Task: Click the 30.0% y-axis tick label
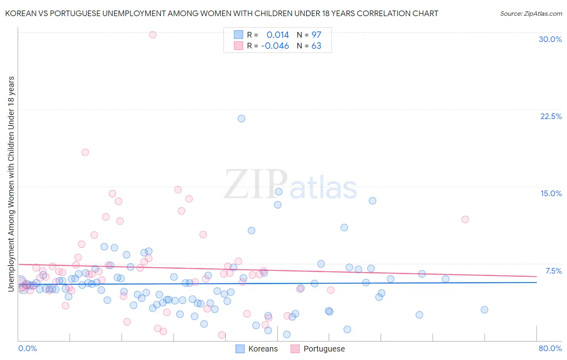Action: click(x=550, y=39)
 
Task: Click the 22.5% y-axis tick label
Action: click(x=551, y=116)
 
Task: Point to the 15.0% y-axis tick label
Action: click(x=551, y=193)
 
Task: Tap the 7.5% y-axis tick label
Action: click(x=553, y=271)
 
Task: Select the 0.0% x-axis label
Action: click(x=27, y=348)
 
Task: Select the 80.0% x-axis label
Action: click(x=550, y=348)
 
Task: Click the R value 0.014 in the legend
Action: click(x=277, y=35)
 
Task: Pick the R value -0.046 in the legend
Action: click(x=275, y=46)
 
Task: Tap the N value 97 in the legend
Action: click(x=316, y=35)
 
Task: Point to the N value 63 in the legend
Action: click(x=316, y=46)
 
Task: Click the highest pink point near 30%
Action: click(x=152, y=35)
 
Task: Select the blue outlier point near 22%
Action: click(x=241, y=119)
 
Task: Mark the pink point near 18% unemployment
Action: click(x=85, y=153)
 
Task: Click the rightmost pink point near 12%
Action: click(x=465, y=220)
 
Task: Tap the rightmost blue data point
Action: click(x=484, y=310)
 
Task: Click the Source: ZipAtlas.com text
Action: click(x=531, y=13)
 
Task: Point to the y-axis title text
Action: click(x=11, y=184)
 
